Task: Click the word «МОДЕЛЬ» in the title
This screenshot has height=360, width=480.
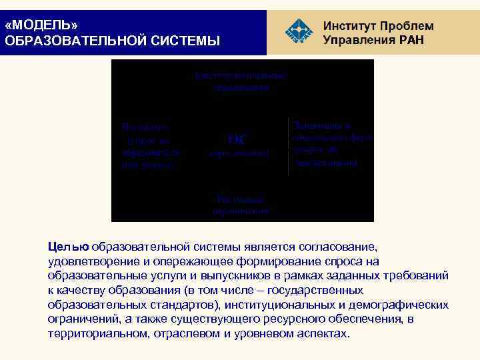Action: pos(41,25)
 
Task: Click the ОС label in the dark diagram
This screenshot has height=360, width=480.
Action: pos(237,139)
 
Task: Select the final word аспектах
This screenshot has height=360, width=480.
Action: pos(320,333)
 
